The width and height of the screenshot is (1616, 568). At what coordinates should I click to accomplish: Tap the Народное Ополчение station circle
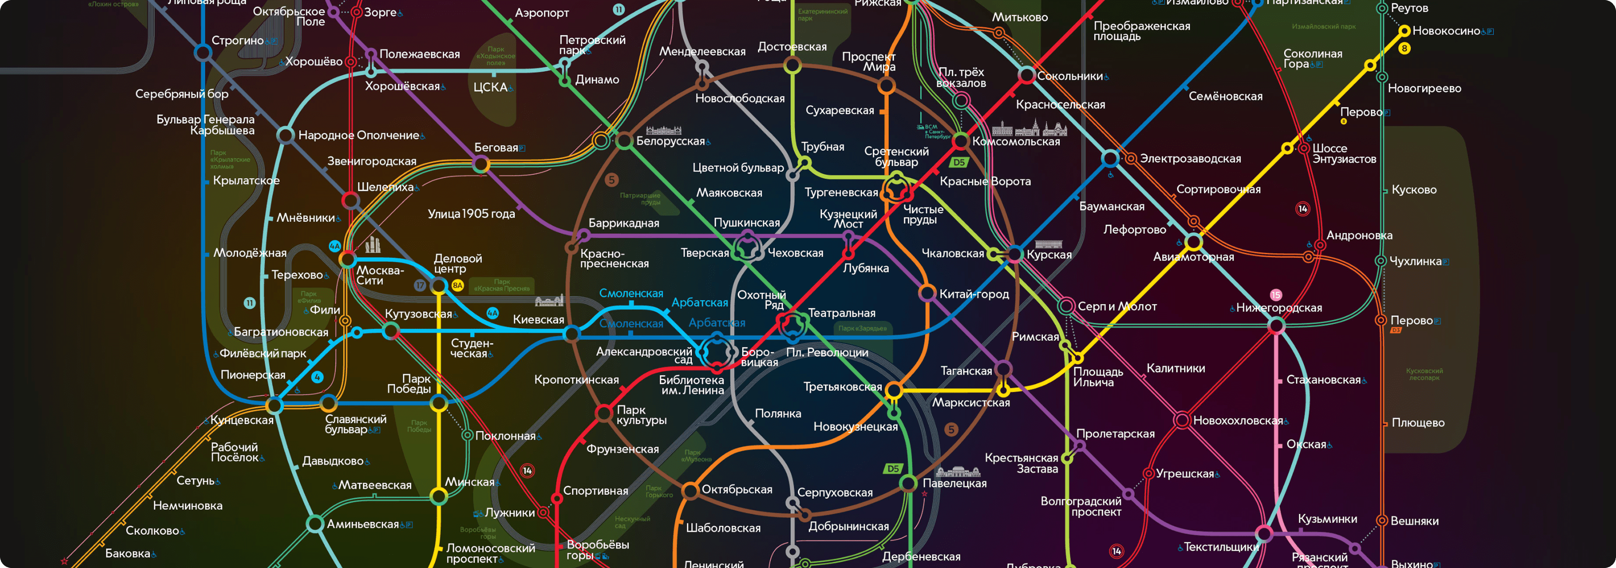[285, 135]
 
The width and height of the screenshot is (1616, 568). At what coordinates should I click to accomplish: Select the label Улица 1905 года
[471, 214]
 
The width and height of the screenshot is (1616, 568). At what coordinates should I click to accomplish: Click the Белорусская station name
[670, 141]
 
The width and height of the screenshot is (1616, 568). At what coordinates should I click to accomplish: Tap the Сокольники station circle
[1027, 75]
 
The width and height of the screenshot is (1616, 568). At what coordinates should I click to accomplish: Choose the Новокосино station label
[1446, 31]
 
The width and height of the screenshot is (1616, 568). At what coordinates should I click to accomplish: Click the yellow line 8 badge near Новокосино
[1404, 49]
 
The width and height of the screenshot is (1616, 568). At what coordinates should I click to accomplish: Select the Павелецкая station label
[954, 483]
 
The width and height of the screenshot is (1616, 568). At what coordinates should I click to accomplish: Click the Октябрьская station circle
[690, 490]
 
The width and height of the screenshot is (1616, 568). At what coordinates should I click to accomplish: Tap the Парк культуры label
[641, 415]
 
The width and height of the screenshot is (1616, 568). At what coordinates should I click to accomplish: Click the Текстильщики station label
[1221, 547]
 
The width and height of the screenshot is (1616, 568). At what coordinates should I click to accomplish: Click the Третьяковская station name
[842, 387]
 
